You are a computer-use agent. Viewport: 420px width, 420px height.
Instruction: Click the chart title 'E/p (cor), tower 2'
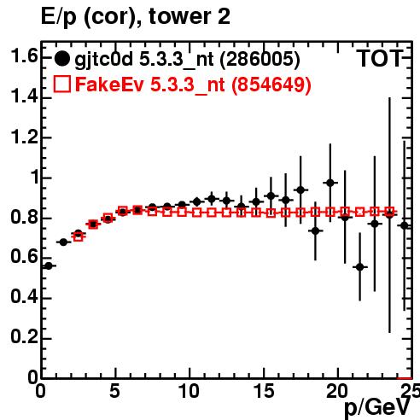(136, 17)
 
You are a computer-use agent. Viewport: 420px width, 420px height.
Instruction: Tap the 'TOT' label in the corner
(380, 58)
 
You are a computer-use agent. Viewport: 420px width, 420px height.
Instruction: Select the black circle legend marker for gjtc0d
(61, 59)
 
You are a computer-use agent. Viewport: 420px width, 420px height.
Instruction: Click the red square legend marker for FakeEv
(62, 84)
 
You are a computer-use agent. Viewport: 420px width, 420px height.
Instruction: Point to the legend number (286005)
(260, 59)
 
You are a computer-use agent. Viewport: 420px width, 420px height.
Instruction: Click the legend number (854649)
(271, 85)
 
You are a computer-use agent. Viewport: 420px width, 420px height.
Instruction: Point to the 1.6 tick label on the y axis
(24, 56)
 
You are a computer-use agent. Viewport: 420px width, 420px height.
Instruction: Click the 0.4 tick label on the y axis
(24, 297)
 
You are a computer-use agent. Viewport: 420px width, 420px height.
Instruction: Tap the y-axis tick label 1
(34, 177)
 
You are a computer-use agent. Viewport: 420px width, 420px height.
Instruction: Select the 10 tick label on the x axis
(190, 391)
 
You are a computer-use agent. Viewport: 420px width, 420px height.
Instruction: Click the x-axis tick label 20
(337, 391)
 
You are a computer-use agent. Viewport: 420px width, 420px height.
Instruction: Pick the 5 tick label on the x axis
(115, 391)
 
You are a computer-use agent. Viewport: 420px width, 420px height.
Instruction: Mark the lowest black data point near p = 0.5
(49, 266)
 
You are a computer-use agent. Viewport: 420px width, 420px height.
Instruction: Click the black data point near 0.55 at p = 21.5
(360, 267)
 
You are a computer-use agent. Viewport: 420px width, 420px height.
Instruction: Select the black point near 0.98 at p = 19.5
(330, 183)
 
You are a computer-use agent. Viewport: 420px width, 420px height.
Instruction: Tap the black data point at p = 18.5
(315, 230)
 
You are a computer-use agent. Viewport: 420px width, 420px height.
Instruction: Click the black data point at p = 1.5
(63, 242)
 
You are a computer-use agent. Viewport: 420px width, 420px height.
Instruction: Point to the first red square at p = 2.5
(79, 236)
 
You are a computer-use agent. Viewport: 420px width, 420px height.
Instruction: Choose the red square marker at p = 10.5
(197, 213)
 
